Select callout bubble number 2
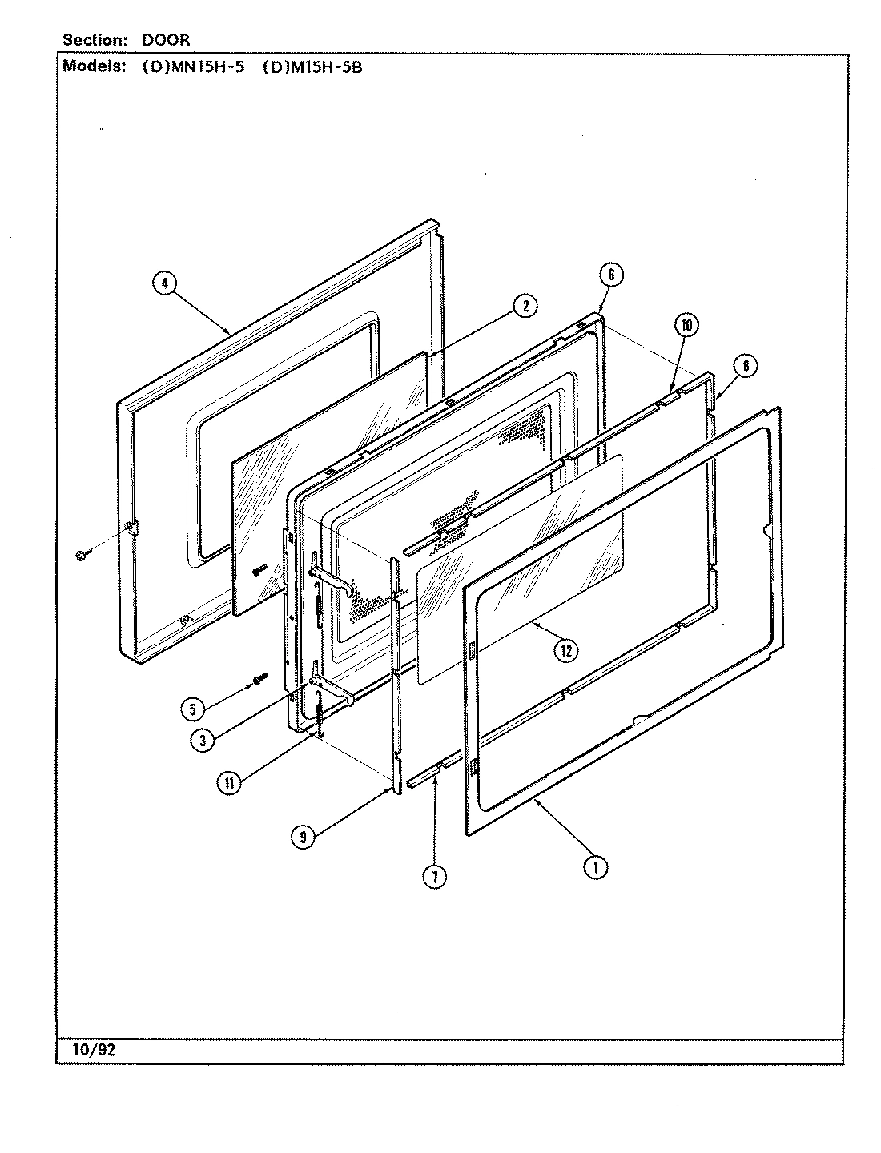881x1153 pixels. [x=525, y=306]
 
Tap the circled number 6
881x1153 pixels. [x=610, y=275]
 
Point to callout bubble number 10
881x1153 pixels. [x=686, y=324]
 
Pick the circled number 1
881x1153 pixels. [x=596, y=866]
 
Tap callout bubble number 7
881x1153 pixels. [x=433, y=877]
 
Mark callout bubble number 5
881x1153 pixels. [x=192, y=708]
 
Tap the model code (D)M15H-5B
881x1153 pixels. [x=312, y=67]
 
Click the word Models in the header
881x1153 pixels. [x=93, y=67]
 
